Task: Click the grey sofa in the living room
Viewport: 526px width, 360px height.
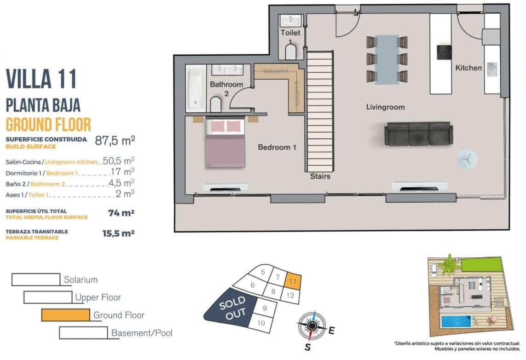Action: (x=417, y=134)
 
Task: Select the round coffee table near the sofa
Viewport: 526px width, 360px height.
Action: (x=467, y=159)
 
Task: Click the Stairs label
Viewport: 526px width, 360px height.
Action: (x=320, y=176)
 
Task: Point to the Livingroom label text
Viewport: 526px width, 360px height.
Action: (x=385, y=107)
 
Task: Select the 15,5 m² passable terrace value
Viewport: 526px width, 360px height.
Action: (x=118, y=233)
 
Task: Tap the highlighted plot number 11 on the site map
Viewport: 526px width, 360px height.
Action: (x=293, y=279)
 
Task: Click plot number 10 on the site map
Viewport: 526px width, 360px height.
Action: (x=261, y=323)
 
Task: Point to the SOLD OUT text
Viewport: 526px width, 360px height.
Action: (x=231, y=310)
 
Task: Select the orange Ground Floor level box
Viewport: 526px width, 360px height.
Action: (x=65, y=315)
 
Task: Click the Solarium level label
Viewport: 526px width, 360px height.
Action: (x=81, y=279)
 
